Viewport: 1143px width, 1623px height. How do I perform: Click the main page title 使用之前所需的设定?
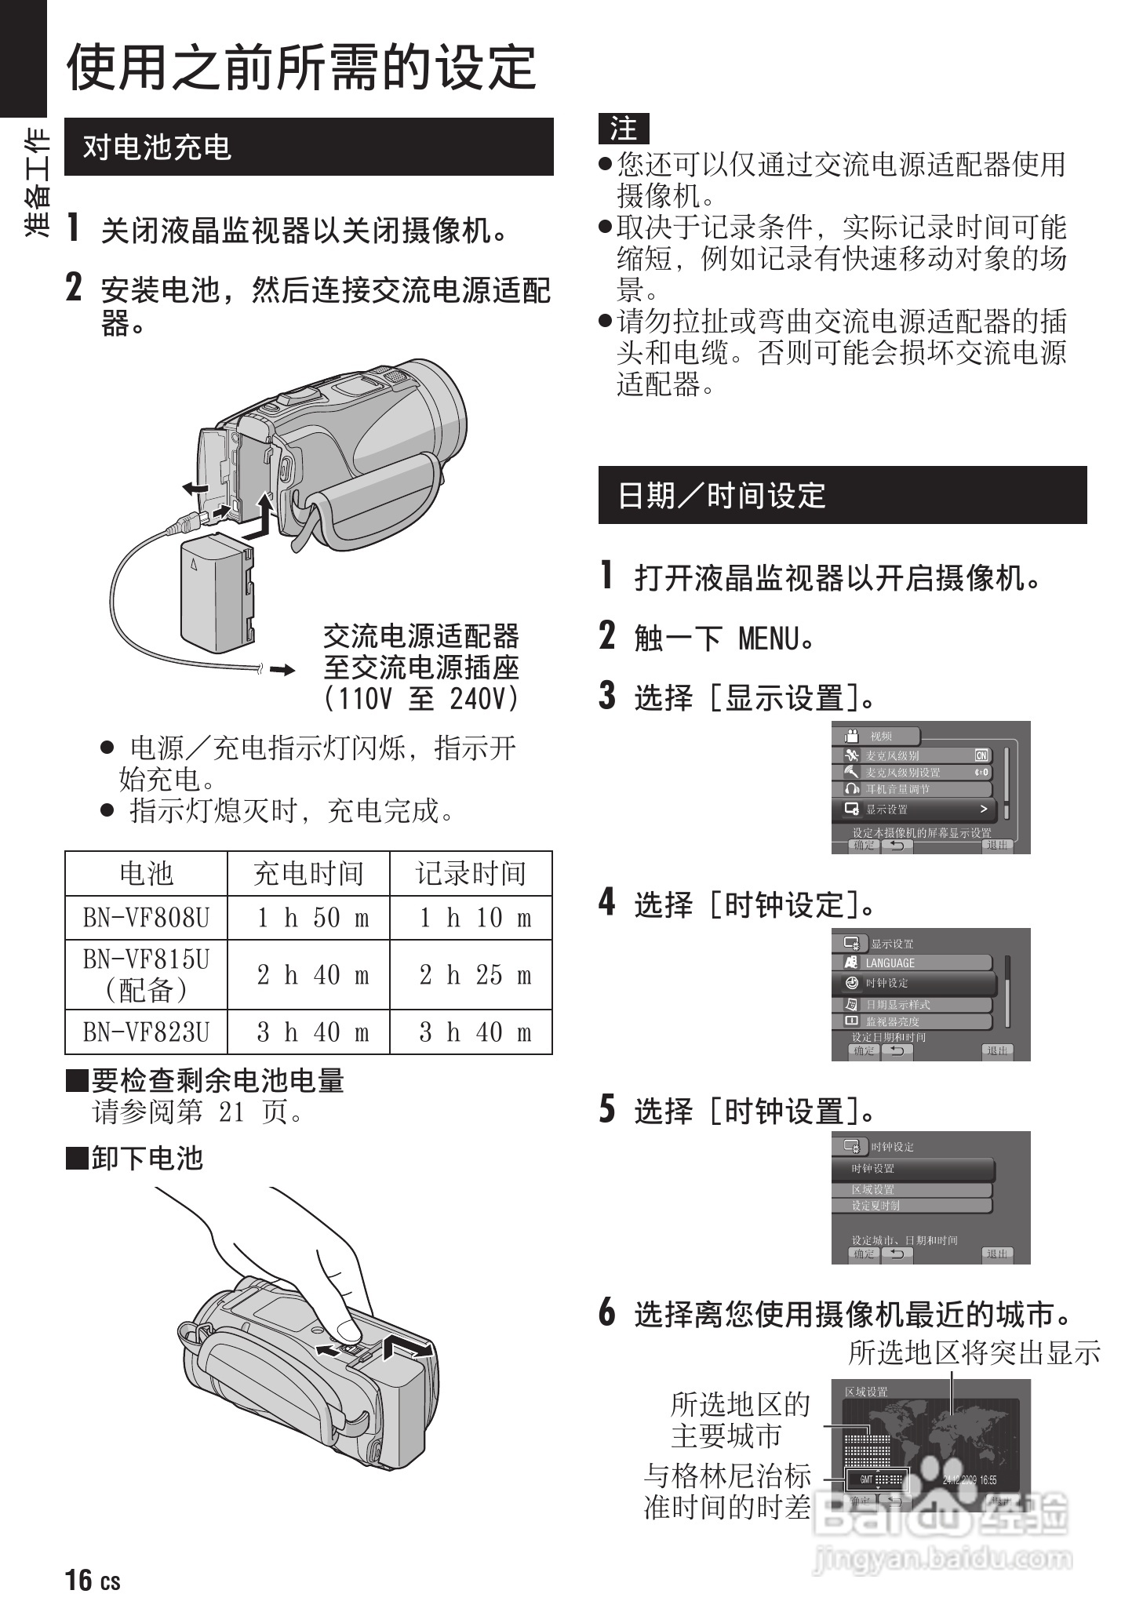pyautogui.click(x=301, y=67)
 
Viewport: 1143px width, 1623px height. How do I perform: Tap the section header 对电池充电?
pyautogui.click(x=157, y=147)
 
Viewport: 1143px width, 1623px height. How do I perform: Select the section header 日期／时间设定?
pyautogui.click(x=722, y=496)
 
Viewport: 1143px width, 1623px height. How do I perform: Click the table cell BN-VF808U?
pyautogui.click(x=146, y=918)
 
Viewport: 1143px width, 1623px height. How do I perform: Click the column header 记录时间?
pyautogui.click(x=471, y=873)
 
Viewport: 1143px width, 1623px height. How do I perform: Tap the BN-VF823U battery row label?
pyautogui.click(x=146, y=1032)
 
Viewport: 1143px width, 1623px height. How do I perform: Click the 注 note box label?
pyautogui.click(x=624, y=129)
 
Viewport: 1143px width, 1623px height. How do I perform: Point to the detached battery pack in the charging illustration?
pyautogui.click(x=217, y=592)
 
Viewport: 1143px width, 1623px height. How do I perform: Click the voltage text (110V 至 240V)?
pyautogui.click(x=421, y=698)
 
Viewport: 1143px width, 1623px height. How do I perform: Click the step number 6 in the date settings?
pyautogui.click(x=607, y=1312)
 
